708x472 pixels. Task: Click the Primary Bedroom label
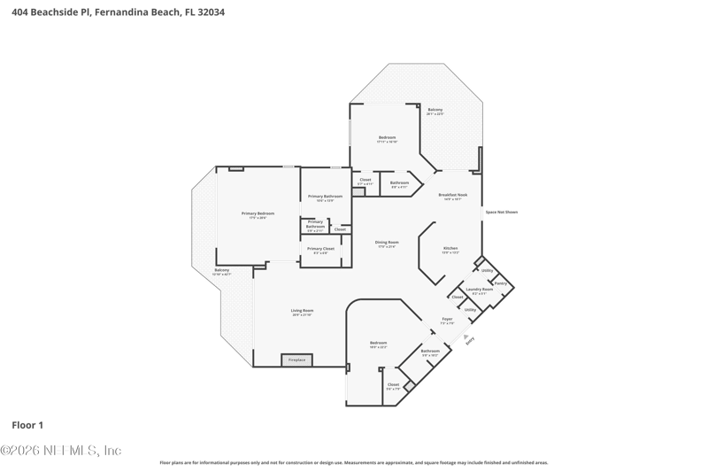(258, 213)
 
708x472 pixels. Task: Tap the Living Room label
(303, 311)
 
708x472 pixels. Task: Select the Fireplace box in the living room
(297, 360)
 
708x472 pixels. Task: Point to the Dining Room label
(387, 243)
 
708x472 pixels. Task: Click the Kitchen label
(450, 248)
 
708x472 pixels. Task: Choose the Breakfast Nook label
(453, 195)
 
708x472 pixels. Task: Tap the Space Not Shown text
(501, 212)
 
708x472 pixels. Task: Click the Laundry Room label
(480, 289)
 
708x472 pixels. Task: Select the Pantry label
(500, 282)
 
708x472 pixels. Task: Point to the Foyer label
(447, 319)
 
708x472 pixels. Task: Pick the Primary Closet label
(320, 249)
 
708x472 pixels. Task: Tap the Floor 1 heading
(27, 425)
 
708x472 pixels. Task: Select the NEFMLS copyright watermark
(60, 451)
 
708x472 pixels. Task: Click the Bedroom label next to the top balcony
(387, 137)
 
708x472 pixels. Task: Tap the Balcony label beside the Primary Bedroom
(222, 270)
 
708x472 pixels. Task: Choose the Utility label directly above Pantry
(487, 270)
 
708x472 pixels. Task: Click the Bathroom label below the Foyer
(430, 351)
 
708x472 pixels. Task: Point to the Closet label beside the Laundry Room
(458, 297)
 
